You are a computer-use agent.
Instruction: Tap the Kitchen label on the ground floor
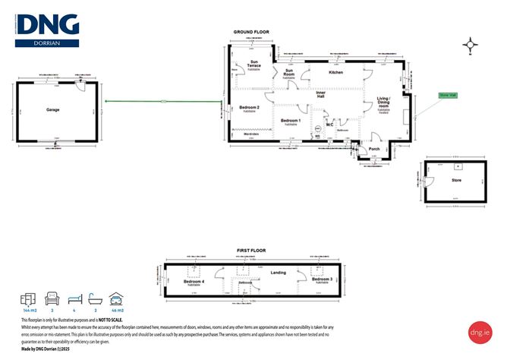pyautogui.click(x=336, y=72)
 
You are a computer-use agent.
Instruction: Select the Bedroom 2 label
pyautogui.click(x=250, y=108)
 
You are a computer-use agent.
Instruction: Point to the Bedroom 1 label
pyautogui.click(x=291, y=122)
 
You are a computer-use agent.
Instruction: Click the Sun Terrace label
pyautogui.click(x=253, y=65)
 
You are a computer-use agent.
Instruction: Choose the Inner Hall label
pyautogui.click(x=321, y=95)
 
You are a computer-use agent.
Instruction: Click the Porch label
pyautogui.click(x=373, y=149)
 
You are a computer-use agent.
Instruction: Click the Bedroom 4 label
pyautogui.click(x=194, y=283)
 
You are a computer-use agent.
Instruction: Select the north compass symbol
pyautogui.click(x=471, y=46)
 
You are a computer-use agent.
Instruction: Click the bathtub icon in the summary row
pyautogui.click(x=95, y=298)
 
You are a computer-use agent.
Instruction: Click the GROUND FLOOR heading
pyautogui.click(x=250, y=32)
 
